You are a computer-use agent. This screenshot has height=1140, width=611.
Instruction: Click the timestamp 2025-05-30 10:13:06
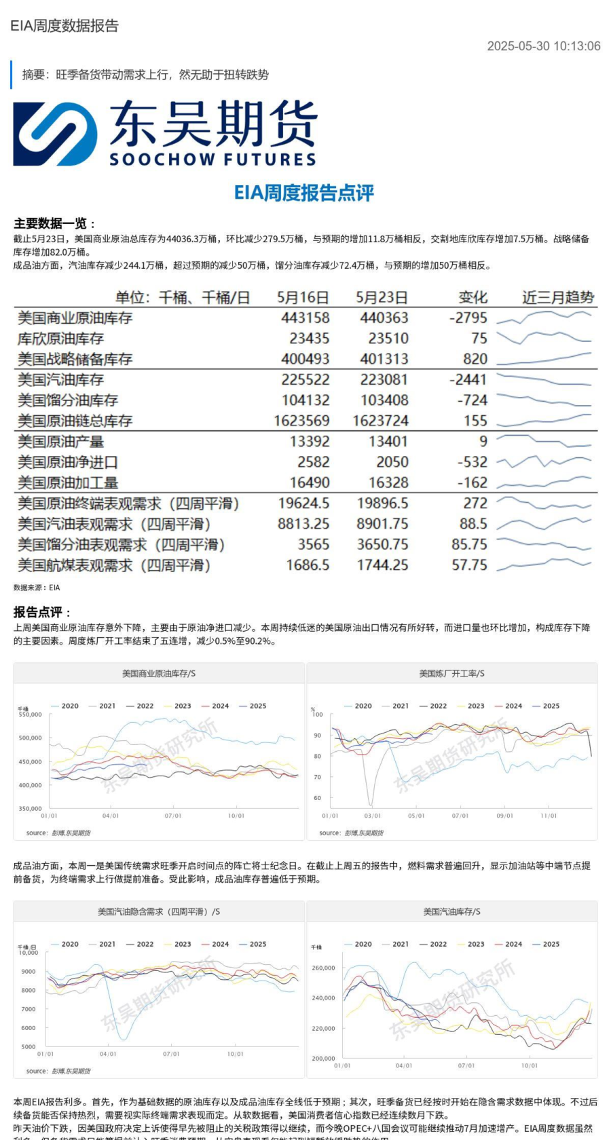[x=543, y=46]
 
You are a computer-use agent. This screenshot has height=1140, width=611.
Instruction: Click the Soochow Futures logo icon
[x=55, y=134]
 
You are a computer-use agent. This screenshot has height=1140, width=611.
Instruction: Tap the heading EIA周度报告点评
[x=304, y=193]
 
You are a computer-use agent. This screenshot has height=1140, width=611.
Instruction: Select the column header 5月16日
[x=303, y=297]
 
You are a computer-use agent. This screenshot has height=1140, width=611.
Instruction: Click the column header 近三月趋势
[x=558, y=297]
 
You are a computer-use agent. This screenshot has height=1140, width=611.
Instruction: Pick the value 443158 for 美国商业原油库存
[x=305, y=318]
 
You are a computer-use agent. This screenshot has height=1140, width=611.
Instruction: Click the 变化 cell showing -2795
[x=468, y=318]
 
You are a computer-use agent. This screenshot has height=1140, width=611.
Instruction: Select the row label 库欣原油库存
[x=60, y=338]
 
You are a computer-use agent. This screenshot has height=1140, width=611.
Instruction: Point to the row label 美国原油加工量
[x=68, y=482]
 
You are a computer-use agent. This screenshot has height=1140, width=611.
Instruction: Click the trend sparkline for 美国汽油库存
[x=544, y=379]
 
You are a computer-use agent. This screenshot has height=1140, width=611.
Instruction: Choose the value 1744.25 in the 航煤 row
[x=383, y=565]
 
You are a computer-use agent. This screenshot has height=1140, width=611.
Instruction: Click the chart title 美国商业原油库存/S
[x=159, y=673]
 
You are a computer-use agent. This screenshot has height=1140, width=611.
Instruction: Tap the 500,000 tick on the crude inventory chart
[x=30, y=738]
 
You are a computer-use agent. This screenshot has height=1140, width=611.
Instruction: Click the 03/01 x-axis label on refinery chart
[x=372, y=816]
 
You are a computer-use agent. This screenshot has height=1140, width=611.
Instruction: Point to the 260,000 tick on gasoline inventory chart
[x=323, y=968]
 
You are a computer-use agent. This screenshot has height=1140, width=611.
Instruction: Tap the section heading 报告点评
[x=41, y=612]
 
